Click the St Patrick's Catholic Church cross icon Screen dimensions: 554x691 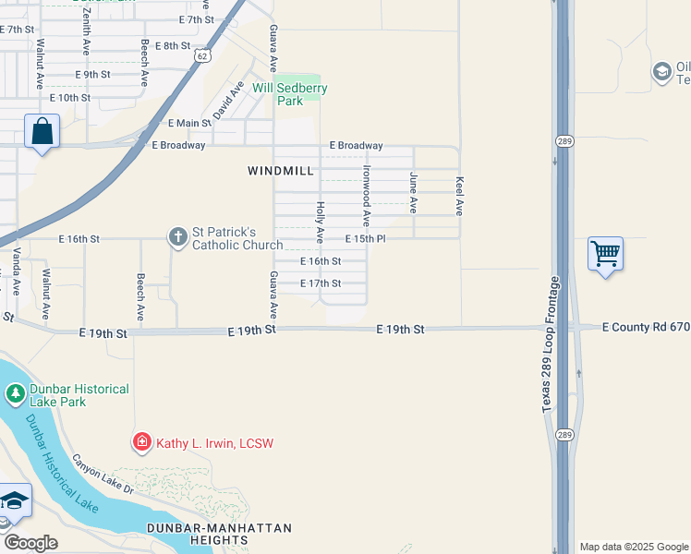177,238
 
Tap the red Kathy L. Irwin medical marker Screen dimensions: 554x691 141,443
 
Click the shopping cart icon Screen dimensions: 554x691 605,252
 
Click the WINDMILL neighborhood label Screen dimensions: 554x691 281,171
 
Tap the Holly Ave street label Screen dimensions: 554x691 321,223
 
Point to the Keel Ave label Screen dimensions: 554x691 460,196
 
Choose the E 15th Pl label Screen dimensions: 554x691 365,239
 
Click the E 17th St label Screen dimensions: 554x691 321,283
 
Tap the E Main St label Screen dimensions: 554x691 189,123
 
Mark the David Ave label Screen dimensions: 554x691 228,99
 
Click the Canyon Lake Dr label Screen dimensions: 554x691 103,474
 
